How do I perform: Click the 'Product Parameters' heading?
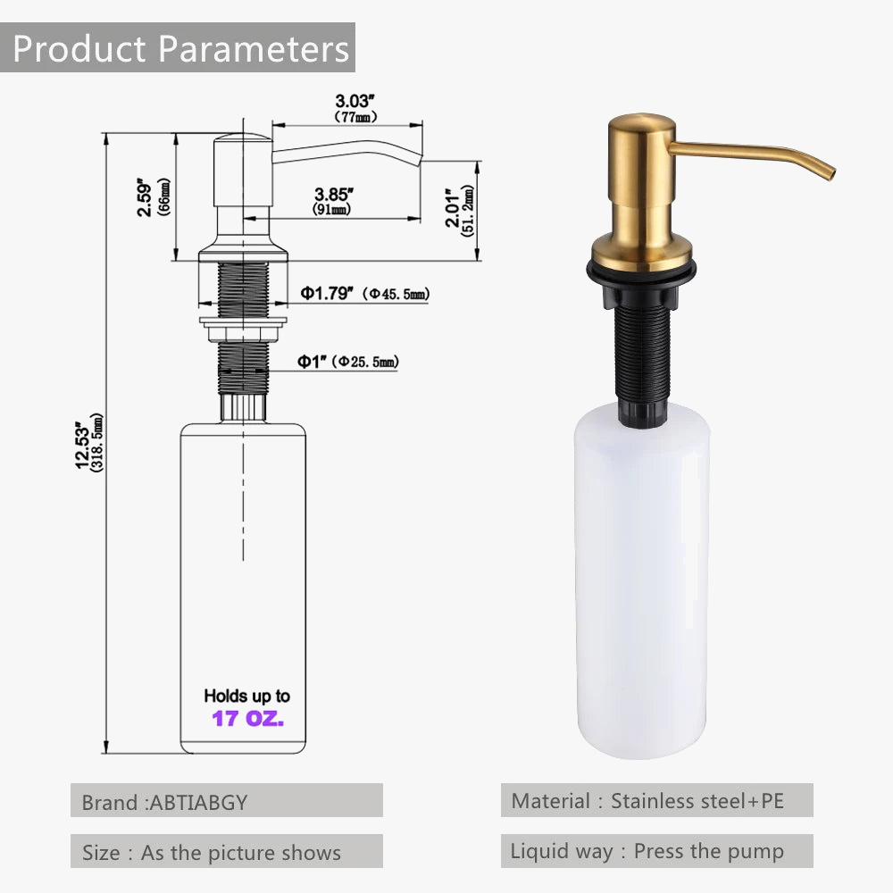180,48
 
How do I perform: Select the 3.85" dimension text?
333,201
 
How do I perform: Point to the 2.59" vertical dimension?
153,196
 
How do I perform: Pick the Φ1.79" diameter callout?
365,293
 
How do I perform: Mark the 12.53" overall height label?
89,443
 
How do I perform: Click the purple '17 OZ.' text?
247,718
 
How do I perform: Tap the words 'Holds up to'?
247,696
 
